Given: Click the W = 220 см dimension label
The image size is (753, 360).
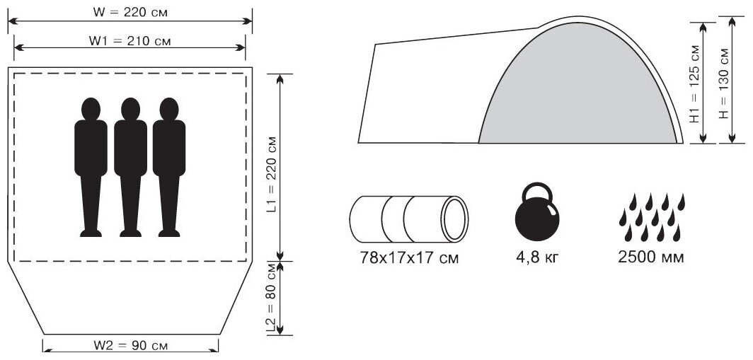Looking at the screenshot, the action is pos(130,13).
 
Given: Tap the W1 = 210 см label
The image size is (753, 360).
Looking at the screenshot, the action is pos(130,41).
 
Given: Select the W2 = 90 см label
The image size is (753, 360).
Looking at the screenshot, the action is pos(131,345).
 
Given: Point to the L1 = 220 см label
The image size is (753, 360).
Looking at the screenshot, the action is pos(272,175).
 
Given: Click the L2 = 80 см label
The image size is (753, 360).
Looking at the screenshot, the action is pos(272,298).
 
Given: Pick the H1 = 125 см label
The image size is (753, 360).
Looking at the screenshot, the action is pos(695,84).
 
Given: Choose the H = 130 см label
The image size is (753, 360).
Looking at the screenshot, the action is pos(724,83).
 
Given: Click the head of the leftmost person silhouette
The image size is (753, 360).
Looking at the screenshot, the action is pos(91,109).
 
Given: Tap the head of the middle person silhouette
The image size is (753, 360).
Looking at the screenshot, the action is pos(130,109).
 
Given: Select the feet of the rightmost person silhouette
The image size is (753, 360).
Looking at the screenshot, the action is pos(169,233).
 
